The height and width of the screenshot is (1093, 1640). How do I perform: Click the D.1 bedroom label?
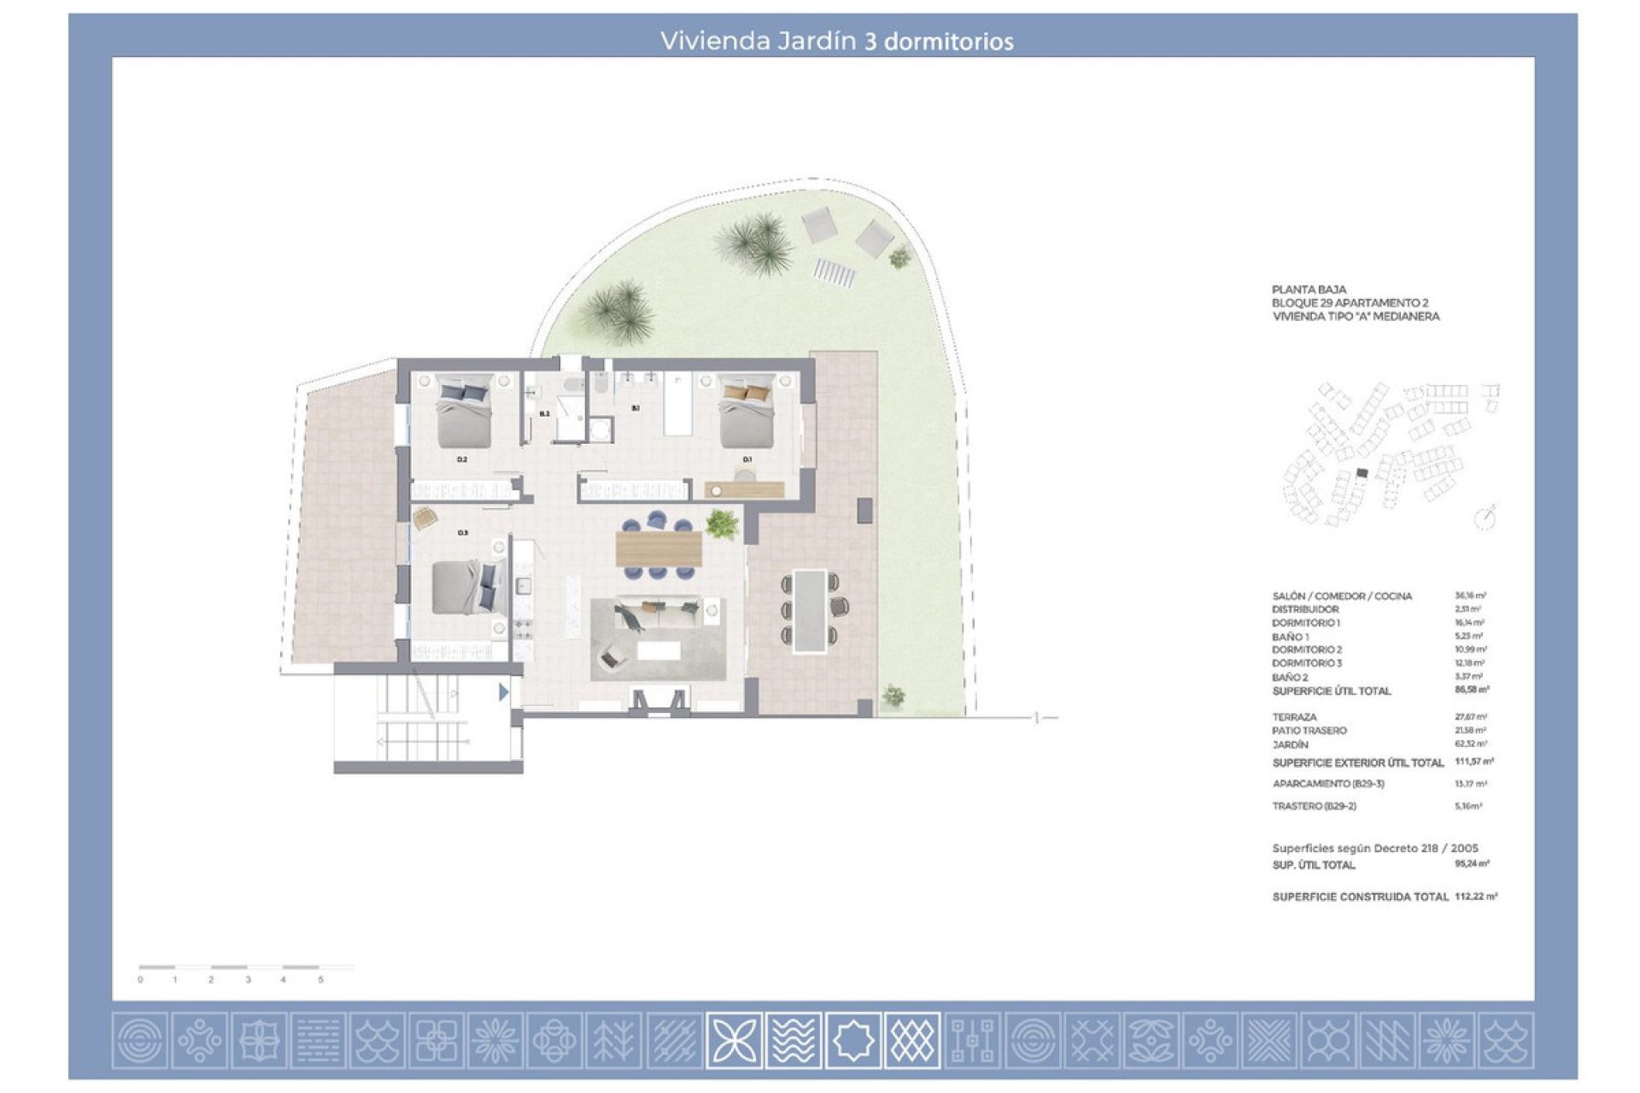coord(747,459)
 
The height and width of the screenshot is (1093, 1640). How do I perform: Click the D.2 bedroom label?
coord(462,459)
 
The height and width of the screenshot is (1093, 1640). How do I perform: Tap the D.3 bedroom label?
coord(462,532)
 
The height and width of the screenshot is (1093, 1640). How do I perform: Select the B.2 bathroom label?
coord(544,413)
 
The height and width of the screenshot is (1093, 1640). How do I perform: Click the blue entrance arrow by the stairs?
coord(504,692)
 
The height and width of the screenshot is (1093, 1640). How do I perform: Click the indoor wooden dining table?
coord(659,548)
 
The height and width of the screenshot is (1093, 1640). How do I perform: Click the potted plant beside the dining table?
coord(723,523)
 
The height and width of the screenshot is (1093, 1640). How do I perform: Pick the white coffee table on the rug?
coord(659,651)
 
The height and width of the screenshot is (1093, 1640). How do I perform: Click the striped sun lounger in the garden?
coord(834,272)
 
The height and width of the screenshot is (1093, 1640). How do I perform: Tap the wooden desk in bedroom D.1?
coord(744,489)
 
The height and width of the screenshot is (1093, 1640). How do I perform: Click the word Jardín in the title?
coord(817,41)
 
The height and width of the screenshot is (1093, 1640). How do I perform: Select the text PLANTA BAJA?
coord(1309,289)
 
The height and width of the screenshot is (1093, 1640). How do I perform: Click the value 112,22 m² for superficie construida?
coord(1475,897)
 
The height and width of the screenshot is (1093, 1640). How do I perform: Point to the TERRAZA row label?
coord(1294,717)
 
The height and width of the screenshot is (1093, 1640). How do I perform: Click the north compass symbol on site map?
coord(1486,517)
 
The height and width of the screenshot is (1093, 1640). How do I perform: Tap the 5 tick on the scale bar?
coord(321,979)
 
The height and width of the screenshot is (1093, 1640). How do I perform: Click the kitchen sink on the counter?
coord(524,586)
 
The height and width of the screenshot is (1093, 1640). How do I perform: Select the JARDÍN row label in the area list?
coord(1290,745)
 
